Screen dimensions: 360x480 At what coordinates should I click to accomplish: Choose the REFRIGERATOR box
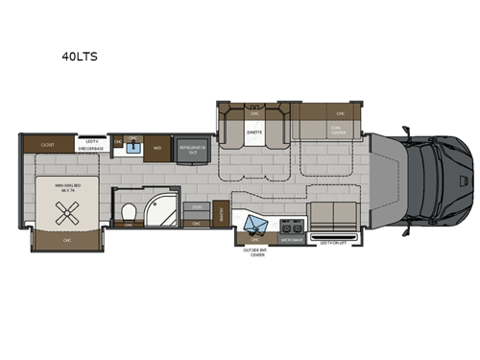(x=188, y=149)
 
